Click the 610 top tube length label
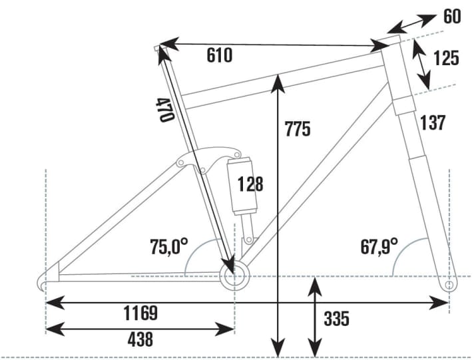tap(219, 55)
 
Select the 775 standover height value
tap(297, 128)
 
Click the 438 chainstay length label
tap(140, 339)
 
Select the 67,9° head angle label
tap(379, 247)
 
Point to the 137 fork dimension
tap(432, 122)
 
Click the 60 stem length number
tap(452, 16)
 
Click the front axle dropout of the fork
tap(449, 285)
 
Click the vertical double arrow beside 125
tap(421, 63)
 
